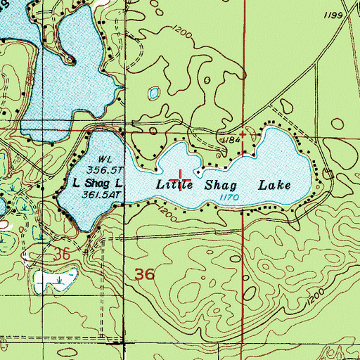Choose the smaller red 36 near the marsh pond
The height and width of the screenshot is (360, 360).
click(x=63, y=255)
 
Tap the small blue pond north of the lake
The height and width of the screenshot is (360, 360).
click(x=154, y=92)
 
